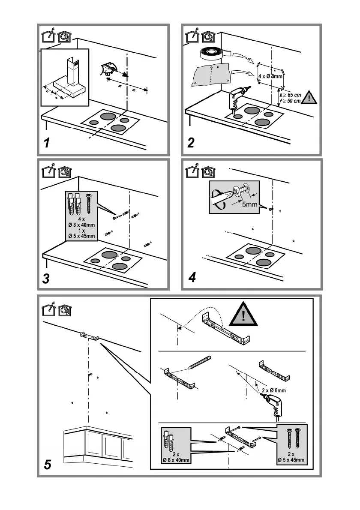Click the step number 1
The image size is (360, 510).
coord(47,142)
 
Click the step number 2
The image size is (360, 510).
coord(191,142)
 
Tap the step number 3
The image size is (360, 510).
coord(46,279)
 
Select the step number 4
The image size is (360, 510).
coord(192,277)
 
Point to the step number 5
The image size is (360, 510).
coord(48,465)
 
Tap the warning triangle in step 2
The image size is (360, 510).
coord(309,98)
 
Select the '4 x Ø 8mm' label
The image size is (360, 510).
coord(270,76)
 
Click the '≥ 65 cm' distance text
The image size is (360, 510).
coord(292,95)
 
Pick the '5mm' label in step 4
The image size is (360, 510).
coord(249,204)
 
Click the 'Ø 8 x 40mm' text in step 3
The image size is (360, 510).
coord(81,225)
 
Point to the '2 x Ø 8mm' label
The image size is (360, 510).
coord(274,390)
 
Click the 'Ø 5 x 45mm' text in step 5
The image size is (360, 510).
coord(291,459)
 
